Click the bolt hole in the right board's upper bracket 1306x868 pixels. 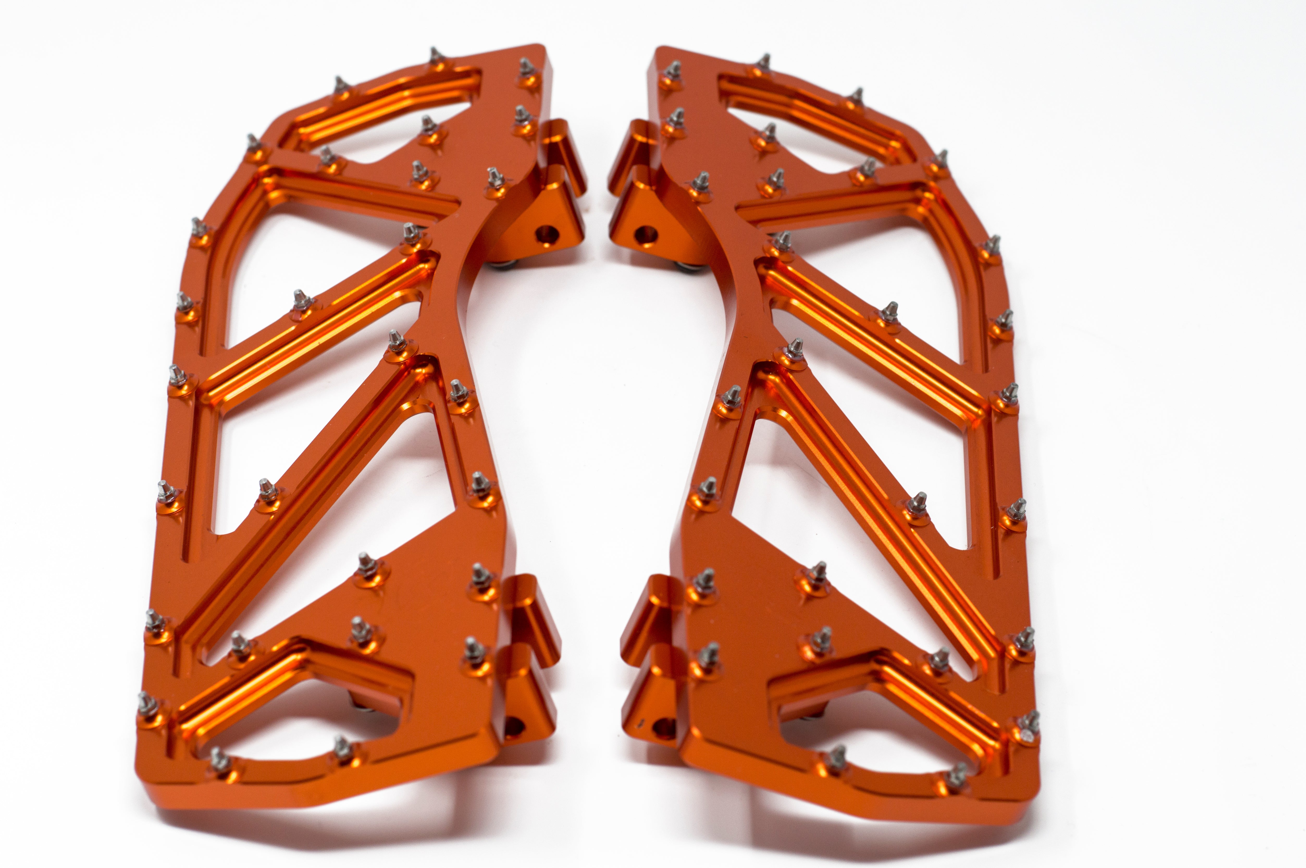[x=643, y=235]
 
